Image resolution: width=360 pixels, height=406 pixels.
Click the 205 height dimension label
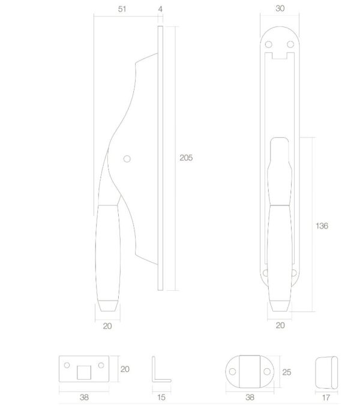186,158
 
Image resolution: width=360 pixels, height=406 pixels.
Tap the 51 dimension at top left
122,9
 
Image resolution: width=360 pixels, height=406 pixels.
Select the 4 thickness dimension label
160,9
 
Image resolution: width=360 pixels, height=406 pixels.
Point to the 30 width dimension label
280,8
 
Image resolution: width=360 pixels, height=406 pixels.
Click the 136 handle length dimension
322,225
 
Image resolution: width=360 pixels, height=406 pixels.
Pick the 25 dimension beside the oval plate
286,372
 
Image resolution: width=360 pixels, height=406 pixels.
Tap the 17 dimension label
326,397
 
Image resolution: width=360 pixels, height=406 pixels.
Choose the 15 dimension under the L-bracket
161,397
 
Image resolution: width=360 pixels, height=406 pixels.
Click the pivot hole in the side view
127,159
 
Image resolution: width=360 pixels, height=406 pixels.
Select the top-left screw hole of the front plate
269,44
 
